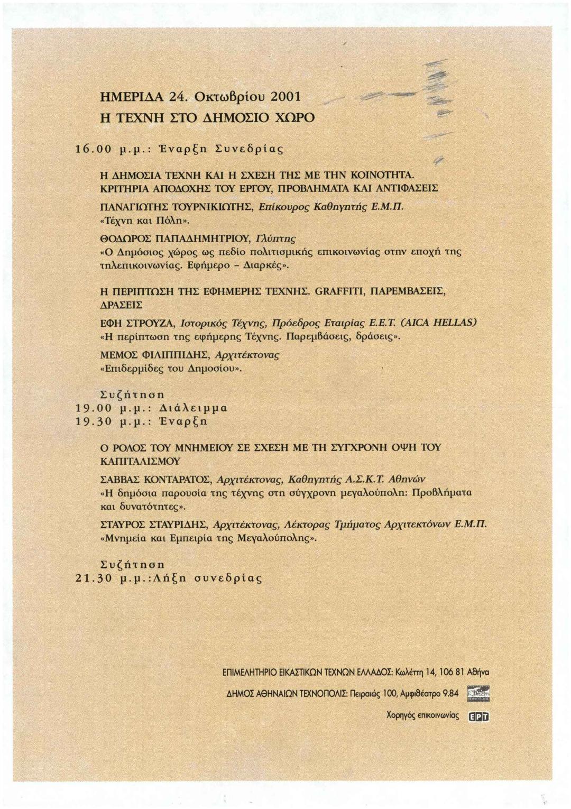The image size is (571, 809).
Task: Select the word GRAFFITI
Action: tap(340, 291)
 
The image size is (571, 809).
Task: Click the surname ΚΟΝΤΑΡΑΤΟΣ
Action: tap(177, 480)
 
